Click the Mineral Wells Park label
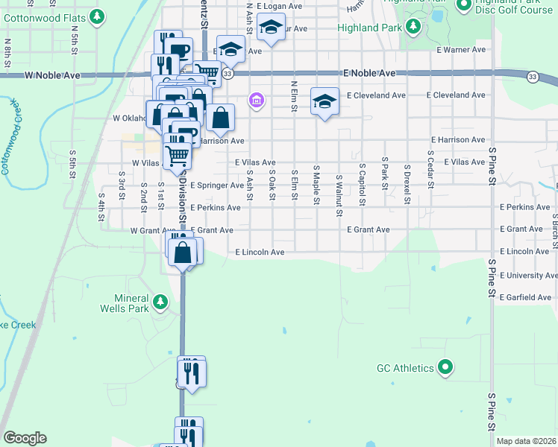pos(128,302)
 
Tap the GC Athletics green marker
pos(445,367)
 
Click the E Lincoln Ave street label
pos(260,253)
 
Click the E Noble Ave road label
pos(369,74)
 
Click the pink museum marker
pos(257,100)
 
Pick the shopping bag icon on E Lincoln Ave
pos(184,252)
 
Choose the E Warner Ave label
pos(461,50)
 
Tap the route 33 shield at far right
pos(532,77)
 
